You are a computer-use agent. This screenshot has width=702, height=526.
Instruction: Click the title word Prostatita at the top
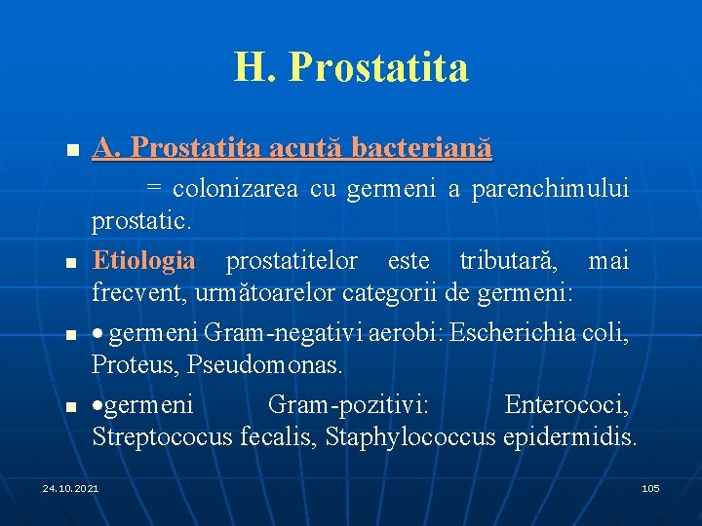click(x=378, y=67)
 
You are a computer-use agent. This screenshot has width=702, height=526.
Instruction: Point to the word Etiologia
click(x=143, y=260)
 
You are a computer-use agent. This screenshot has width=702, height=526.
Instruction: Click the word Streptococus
click(x=162, y=435)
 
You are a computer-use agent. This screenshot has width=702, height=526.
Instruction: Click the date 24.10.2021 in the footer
click(x=70, y=487)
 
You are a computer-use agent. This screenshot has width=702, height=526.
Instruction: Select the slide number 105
click(x=650, y=487)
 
